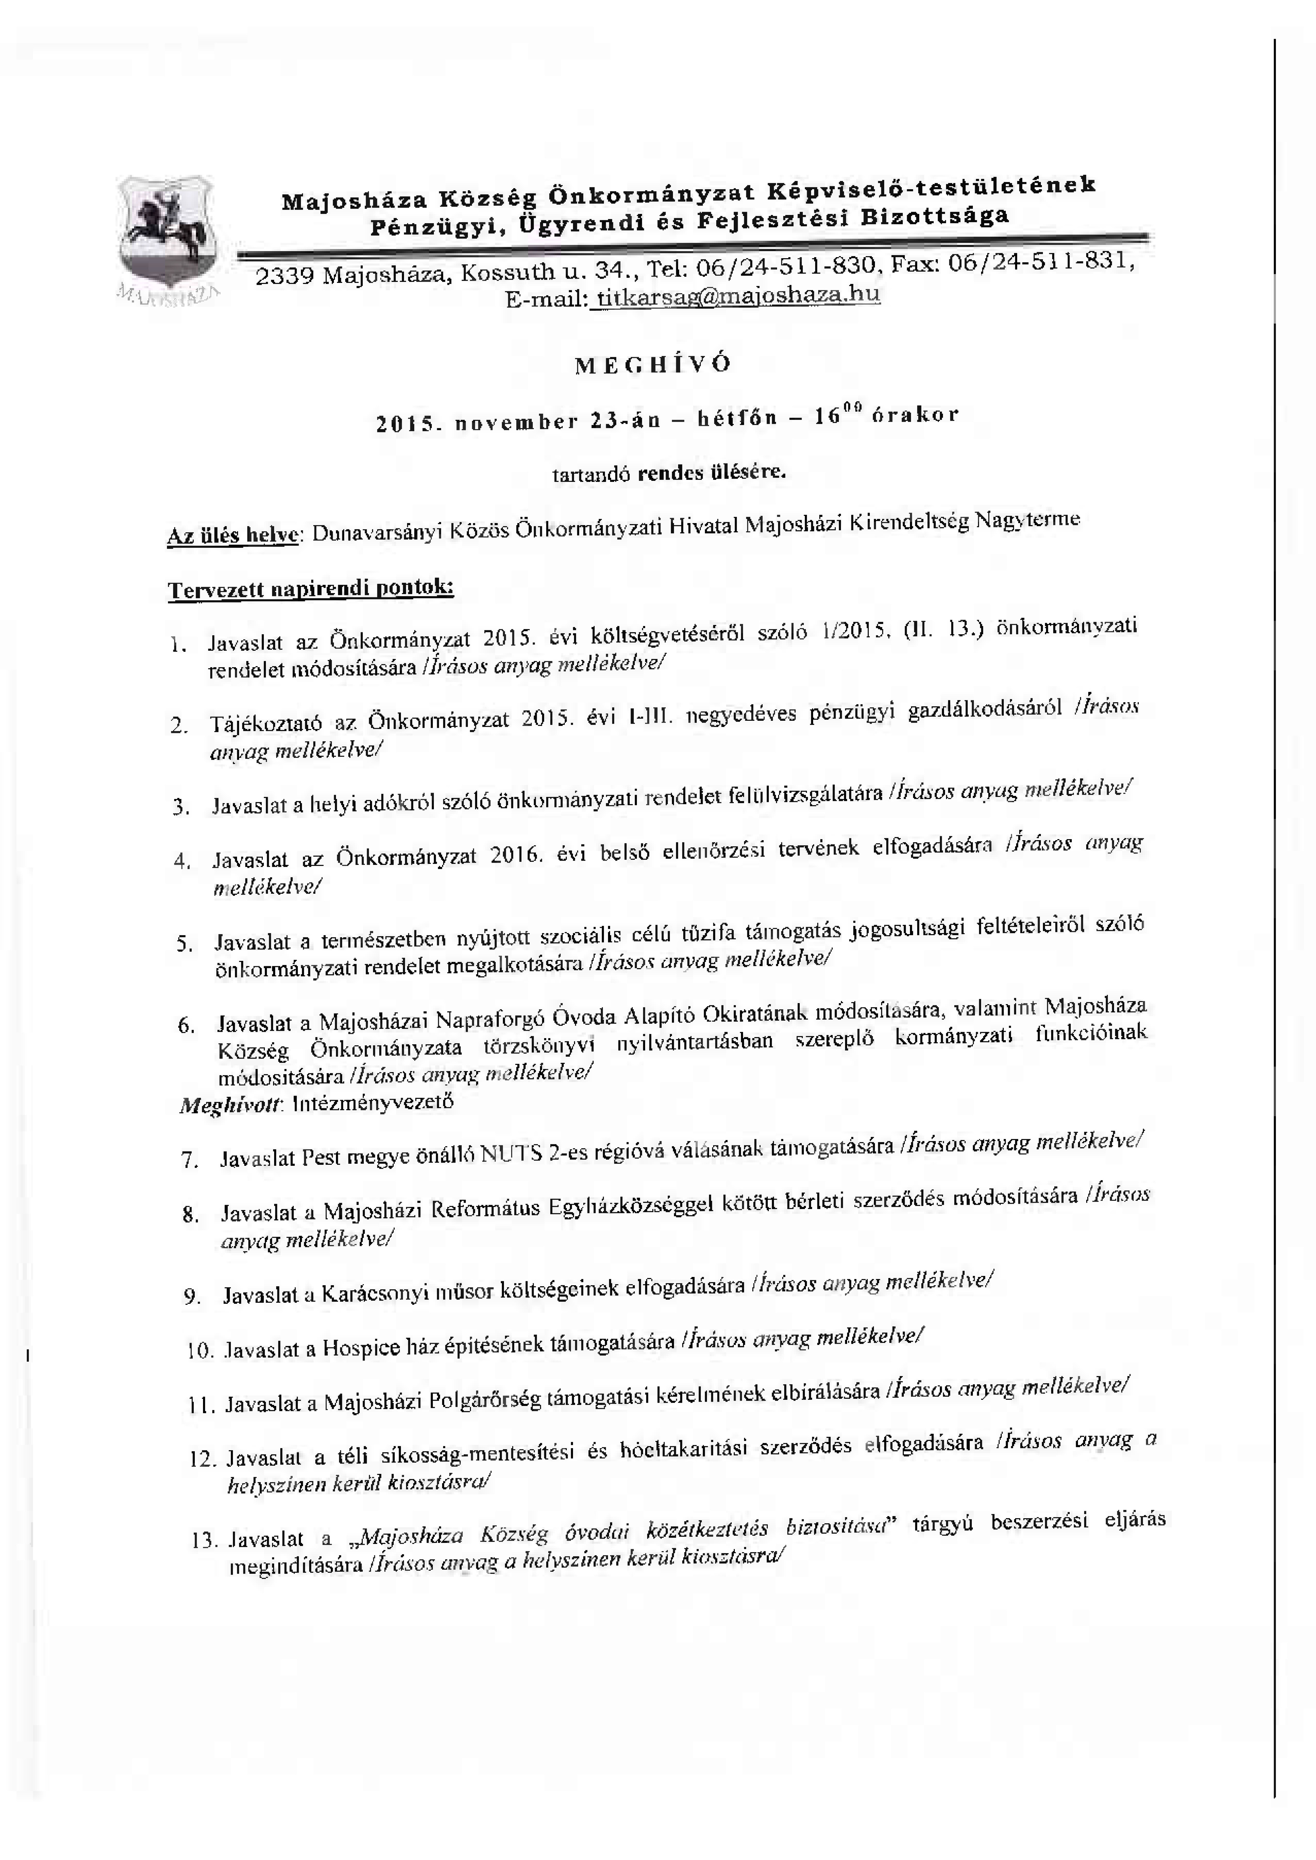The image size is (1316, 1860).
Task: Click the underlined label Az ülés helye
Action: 233,536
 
